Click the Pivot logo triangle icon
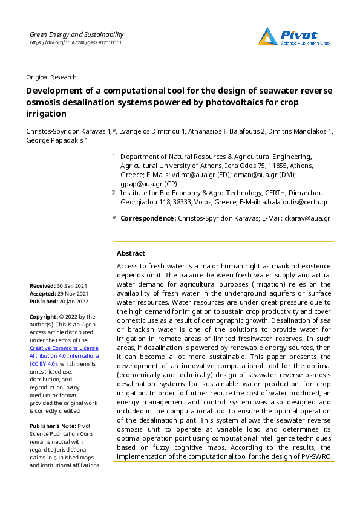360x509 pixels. click(268, 37)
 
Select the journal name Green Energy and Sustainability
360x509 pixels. click(75, 35)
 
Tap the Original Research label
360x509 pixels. click(51, 77)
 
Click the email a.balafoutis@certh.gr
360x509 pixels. click(297, 203)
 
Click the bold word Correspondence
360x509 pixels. click(148, 218)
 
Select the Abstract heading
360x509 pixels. click(131, 254)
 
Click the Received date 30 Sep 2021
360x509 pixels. click(71, 285)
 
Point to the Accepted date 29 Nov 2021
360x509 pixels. click(72, 293)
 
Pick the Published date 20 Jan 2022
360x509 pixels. click(73, 301)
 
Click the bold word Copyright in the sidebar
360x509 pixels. click(43, 317)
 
